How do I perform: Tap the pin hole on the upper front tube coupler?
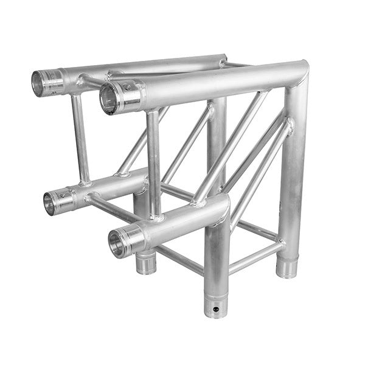(127, 88)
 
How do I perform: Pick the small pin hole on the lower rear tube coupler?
(65, 196)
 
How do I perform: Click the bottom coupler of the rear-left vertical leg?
(145, 262)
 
